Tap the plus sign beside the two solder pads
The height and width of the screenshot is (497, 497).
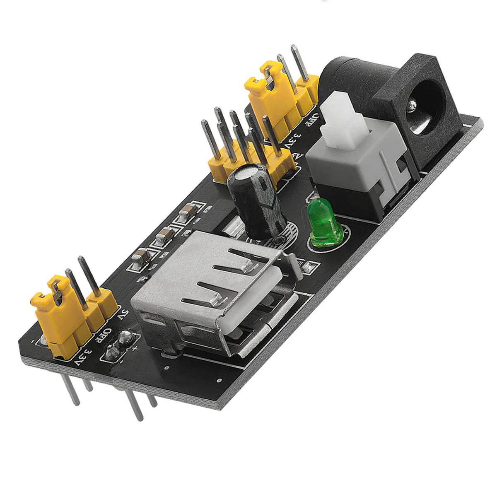135,347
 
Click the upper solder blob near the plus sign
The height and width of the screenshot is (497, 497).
124,338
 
